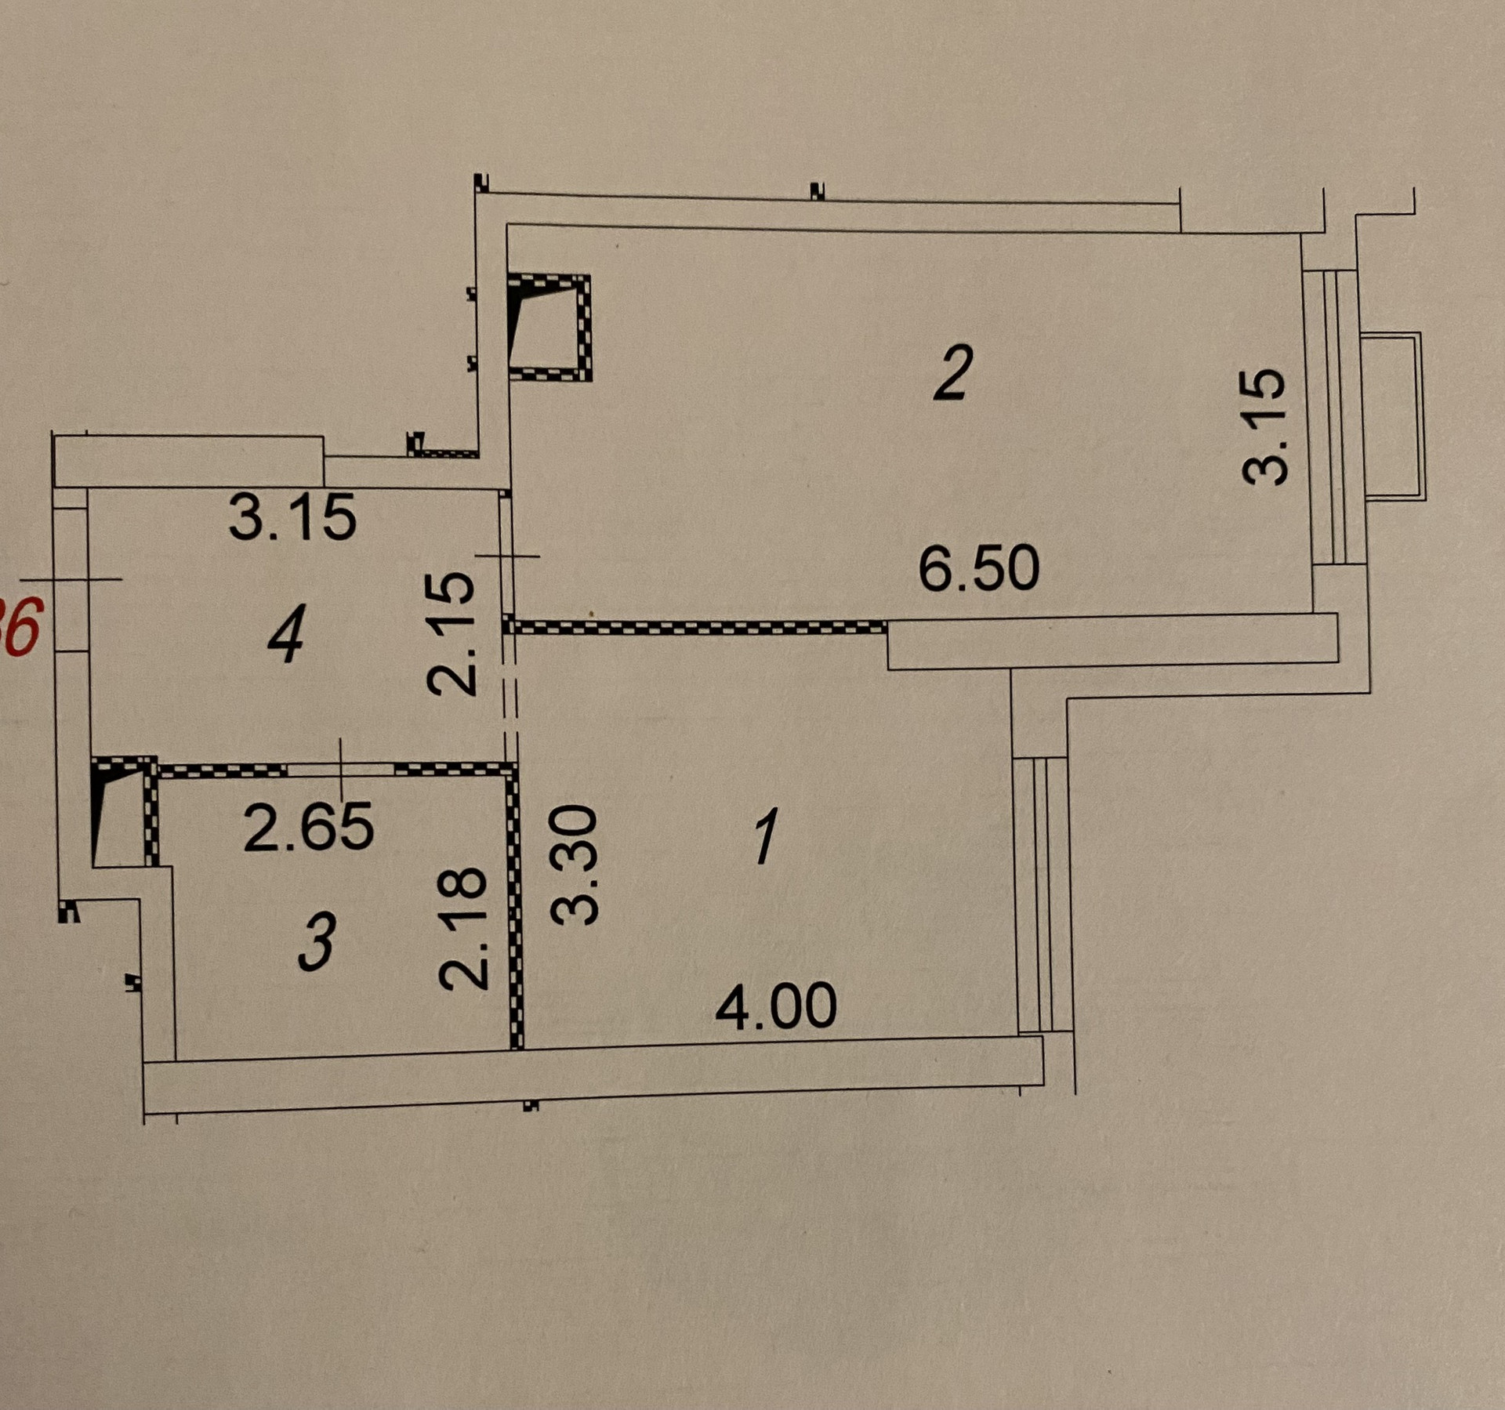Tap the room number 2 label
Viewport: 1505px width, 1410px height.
pos(954,373)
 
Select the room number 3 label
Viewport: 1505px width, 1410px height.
pos(317,941)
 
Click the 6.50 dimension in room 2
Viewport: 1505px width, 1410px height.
pos(979,569)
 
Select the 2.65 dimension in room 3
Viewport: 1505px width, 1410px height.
pos(308,828)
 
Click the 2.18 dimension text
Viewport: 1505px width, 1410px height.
pos(463,927)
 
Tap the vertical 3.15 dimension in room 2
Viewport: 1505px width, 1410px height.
pos(1265,426)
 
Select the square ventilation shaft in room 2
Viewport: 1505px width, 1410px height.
pos(549,327)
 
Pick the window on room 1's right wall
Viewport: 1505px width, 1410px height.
pos(1042,894)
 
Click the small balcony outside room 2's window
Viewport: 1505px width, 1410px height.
pos(1393,416)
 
